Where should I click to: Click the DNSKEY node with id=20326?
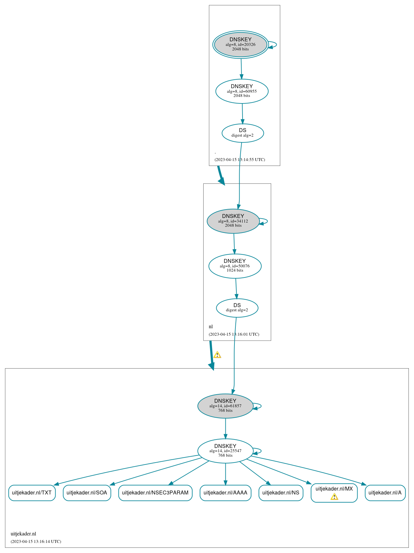[241, 45]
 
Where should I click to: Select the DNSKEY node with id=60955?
[242, 91]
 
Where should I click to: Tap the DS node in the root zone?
[243, 133]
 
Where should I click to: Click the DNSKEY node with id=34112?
[233, 221]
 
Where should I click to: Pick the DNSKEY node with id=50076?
[235, 266]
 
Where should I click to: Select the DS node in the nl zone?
[237, 308]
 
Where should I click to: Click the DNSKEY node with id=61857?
[225, 406]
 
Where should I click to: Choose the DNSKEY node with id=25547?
[225, 451]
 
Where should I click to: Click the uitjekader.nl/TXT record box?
[32, 493]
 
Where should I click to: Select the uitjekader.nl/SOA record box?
[87, 493]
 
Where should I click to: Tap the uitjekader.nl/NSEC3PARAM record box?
[155, 493]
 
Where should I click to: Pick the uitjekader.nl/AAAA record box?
[225, 493]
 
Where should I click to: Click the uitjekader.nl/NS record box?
[281, 493]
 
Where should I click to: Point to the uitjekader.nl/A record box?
[385, 493]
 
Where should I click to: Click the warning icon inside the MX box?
[334, 496]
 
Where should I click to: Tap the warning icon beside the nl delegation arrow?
[217, 355]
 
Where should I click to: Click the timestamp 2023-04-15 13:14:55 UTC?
[240, 159]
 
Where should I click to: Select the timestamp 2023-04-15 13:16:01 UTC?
[234, 334]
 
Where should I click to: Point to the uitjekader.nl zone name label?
[23, 534]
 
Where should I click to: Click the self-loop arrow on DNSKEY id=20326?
[273, 45]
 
